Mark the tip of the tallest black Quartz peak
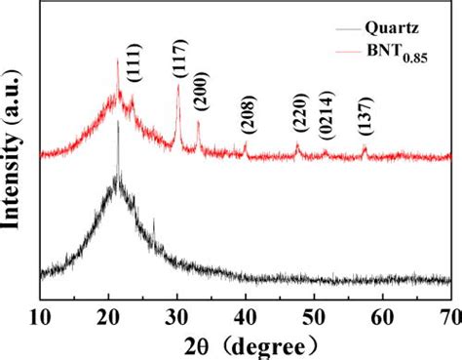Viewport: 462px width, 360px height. coord(118,121)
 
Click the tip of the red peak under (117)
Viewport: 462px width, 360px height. coord(177,86)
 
